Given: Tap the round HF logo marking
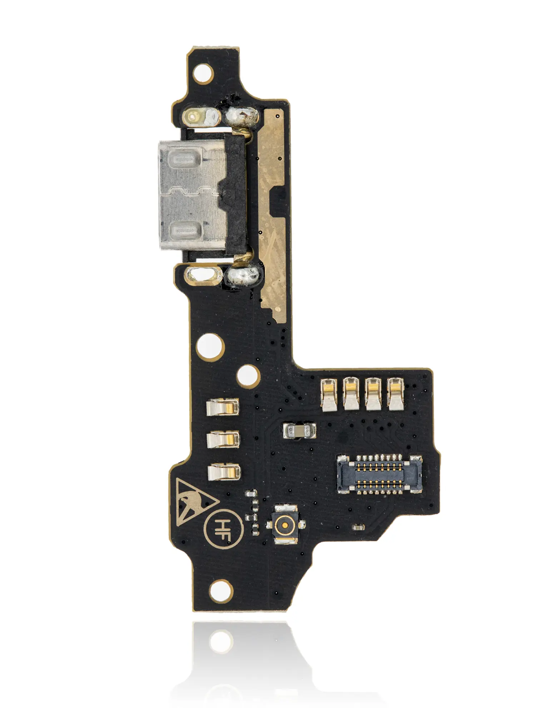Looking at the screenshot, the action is click(x=223, y=528).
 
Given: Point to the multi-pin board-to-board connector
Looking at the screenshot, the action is click(x=379, y=474).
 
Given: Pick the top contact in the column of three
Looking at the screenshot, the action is click(x=223, y=407).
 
